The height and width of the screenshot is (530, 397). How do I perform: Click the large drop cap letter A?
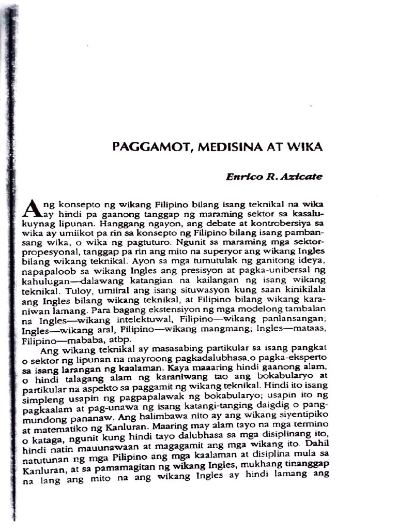(x=33, y=208)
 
